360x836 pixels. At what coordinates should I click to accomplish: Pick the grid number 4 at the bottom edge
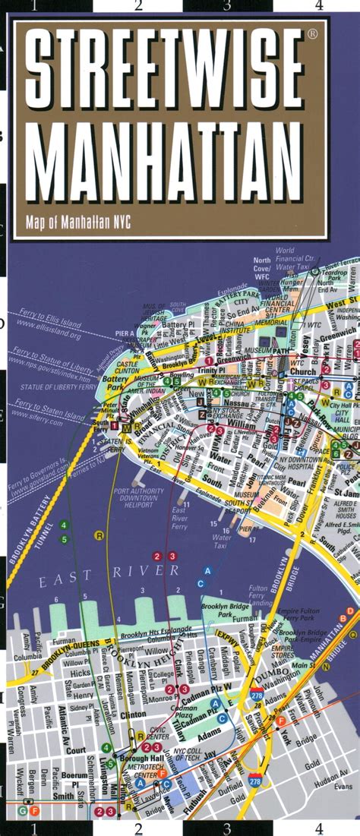click(x=319, y=828)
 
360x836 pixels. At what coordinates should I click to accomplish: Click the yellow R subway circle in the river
click(x=99, y=535)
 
